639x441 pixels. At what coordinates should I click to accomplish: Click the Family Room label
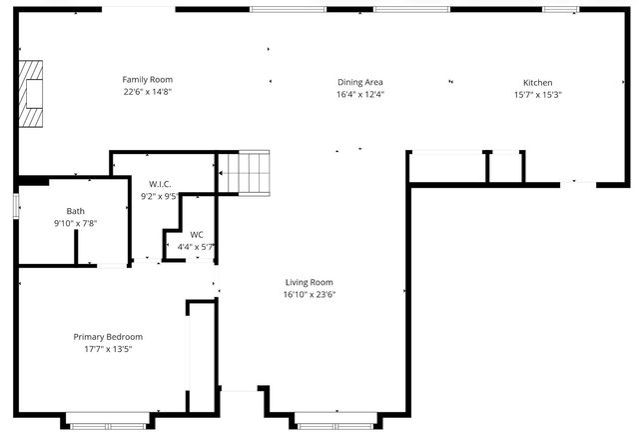(x=147, y=79)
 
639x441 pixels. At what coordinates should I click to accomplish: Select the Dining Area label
(x=360, y=82)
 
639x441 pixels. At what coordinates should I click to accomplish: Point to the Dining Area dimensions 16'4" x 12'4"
(x=360, y=94)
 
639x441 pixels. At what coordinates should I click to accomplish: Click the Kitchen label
(x=537, y=83)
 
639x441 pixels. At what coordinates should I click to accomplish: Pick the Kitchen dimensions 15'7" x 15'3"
(x=537, y=95)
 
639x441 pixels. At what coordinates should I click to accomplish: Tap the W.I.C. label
(x=162, y=184)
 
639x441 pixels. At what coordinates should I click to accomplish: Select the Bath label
(x=76, y=211)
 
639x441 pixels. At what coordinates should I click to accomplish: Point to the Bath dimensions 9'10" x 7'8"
(x=76, y=223)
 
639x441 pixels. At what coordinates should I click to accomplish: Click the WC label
(x=196, y=234)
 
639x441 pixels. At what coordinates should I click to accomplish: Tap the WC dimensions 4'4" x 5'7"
(x=196, y=246)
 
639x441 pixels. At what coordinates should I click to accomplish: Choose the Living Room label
(x=309, y=282)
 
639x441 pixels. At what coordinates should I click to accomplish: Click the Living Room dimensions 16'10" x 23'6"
(x=309, y=294)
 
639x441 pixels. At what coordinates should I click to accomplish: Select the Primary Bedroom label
(x=107, y=337)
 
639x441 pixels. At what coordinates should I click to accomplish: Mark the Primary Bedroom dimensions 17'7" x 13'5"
(x=107, y=349)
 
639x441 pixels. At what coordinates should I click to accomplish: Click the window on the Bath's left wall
(x=16, y=205)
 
